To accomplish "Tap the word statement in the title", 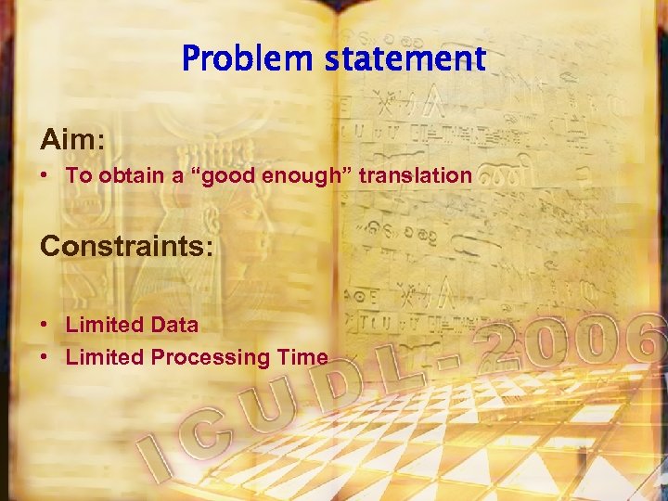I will [x=405, y=59].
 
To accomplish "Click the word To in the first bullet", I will [x=77, y=175].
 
